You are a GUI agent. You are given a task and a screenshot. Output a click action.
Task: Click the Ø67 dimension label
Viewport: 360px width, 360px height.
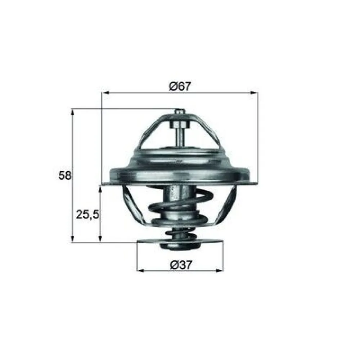180,86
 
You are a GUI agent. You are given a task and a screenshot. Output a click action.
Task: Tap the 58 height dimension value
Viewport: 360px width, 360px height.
65,176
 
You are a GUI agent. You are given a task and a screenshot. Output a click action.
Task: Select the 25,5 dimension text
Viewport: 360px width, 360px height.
87,215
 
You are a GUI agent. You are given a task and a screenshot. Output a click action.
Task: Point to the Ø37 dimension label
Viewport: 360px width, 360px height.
180,265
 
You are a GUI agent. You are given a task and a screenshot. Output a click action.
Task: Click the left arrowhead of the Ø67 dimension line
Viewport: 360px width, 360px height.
105,93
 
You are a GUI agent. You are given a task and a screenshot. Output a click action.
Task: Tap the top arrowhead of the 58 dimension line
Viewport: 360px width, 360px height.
73,112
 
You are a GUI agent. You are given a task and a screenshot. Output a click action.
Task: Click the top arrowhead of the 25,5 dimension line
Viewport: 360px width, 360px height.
100,188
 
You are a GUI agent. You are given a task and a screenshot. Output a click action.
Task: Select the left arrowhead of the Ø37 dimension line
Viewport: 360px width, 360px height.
140,270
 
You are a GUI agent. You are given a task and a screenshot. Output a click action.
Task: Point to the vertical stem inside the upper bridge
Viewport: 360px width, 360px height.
179,137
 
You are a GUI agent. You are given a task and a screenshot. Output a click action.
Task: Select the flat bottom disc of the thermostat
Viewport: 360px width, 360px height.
180,242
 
